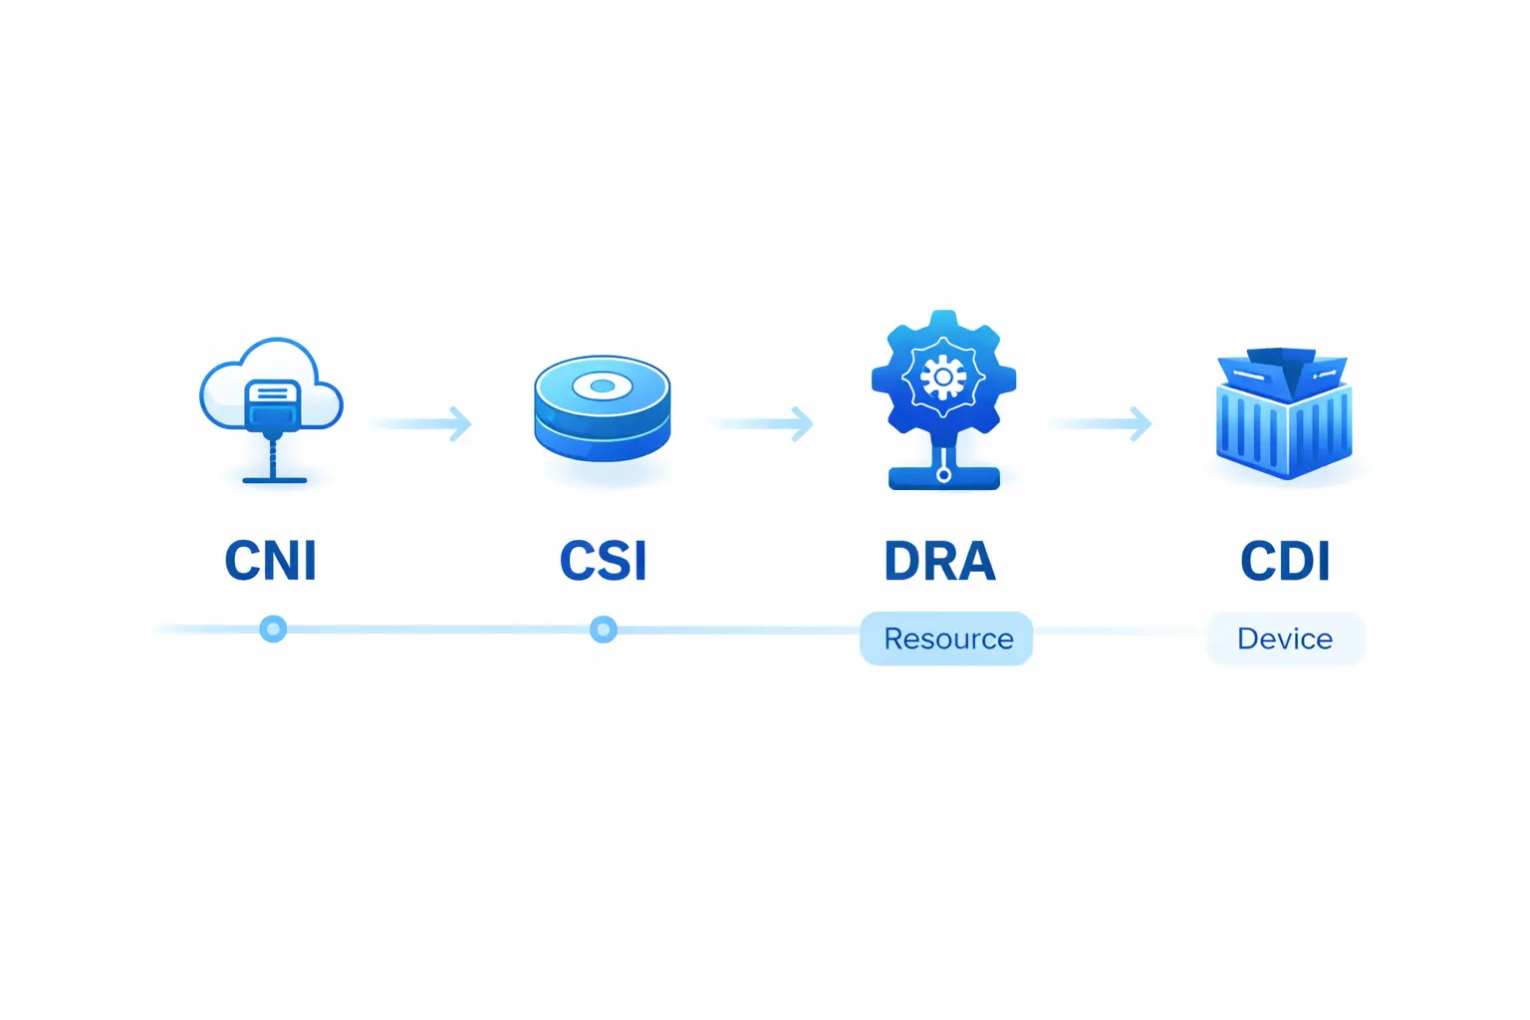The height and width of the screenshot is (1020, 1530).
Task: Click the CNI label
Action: (x=270, y=561)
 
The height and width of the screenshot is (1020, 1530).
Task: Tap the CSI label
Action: (x=603, y=561)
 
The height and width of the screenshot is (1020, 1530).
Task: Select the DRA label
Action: (x=939, y=561)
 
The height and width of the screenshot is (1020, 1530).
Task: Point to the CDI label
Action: (x=1285, y=561)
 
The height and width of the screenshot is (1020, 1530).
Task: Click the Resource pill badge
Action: (x=946, y=638)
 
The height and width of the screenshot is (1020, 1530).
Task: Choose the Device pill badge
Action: (x=1285, y=638)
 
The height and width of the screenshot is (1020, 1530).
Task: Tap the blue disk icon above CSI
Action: (x=602, y=408)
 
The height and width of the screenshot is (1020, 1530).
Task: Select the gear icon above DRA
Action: (x=943, y=374)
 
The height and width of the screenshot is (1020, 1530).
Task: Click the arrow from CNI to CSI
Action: (x=423, y=423)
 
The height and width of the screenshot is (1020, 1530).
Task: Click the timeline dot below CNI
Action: (x=273, y=629)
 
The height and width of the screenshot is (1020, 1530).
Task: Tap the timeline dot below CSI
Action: (x=603, y=630)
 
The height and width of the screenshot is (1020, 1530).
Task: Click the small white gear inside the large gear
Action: (x=943, y=378)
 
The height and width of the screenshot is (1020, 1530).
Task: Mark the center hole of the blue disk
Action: (x=602, y=385)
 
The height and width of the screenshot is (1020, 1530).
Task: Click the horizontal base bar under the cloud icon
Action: (x=274, y=480)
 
